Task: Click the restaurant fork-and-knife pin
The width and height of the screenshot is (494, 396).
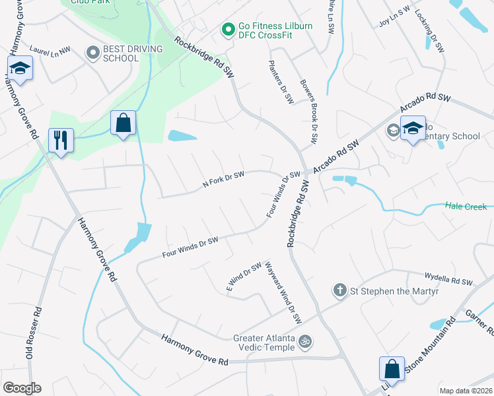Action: [61, 141]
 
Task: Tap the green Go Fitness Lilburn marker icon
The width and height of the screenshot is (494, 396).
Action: [228, 30]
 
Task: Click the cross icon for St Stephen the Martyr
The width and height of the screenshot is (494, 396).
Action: [339, 290]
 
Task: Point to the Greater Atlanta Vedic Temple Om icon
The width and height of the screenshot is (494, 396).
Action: [305, 342]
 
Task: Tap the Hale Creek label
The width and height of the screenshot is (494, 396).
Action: [466, 207]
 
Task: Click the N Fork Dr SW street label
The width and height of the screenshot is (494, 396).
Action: [223, 182]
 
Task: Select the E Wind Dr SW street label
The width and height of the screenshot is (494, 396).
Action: [244, 277]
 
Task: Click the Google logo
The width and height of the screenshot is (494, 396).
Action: [22, 388]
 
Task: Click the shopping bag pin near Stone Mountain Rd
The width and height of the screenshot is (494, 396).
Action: [392, 369]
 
